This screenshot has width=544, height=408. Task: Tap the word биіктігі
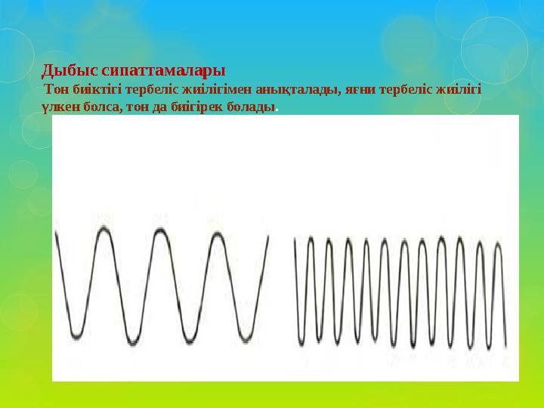point(99,90)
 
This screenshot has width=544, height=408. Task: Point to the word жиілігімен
point(219,90)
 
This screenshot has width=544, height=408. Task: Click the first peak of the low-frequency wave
point(104,229)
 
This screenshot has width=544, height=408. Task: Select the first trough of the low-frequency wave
point(76,335)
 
